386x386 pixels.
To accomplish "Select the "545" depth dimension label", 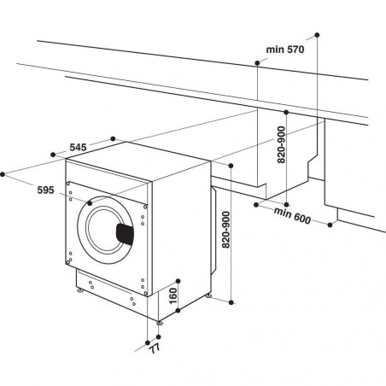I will [79, 148].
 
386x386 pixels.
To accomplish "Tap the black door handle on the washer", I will [125, 231].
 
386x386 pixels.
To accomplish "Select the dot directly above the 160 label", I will [179, 279].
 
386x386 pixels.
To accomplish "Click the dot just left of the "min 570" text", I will [259, 61].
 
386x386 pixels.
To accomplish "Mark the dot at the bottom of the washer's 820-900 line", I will [231, 300].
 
